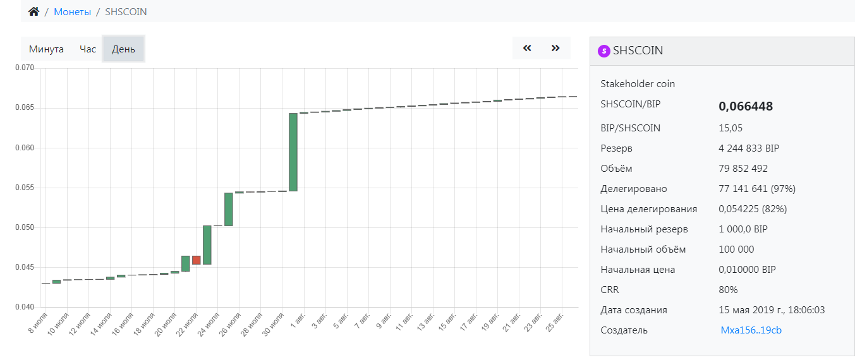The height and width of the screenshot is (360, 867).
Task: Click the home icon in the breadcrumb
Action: (34, 12)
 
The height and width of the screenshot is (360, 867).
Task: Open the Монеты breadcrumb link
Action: (72, 12)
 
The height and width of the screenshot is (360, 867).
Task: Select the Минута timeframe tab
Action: (46, 49)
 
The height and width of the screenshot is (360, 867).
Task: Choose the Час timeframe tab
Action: (88, 49)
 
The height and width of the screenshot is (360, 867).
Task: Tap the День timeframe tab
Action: (123, 49)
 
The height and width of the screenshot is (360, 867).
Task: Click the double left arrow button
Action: (527, 48)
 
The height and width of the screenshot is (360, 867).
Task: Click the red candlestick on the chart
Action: (197, 260)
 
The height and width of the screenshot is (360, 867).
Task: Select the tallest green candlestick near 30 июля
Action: (293, 152)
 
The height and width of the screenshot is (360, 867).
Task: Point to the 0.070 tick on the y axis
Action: (25, 68)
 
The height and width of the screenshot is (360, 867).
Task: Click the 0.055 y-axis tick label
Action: (25, 188)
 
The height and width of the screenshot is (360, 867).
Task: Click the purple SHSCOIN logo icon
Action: (604, 51)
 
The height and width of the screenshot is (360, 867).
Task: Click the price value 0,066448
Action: (746, 106)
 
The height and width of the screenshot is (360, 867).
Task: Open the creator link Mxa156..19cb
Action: (751, 330)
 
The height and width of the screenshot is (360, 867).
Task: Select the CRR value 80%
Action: (728, 290)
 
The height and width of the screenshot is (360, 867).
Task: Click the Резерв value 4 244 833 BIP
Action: (749, 148)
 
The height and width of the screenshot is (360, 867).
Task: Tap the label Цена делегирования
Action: (649, 209)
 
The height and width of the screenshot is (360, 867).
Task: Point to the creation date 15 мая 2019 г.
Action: (772, 310)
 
